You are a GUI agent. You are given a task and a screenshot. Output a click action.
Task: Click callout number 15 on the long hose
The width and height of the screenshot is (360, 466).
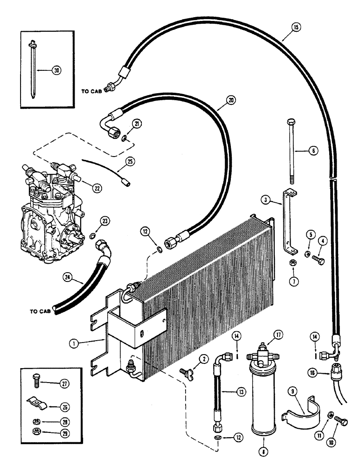click(297, 27)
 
